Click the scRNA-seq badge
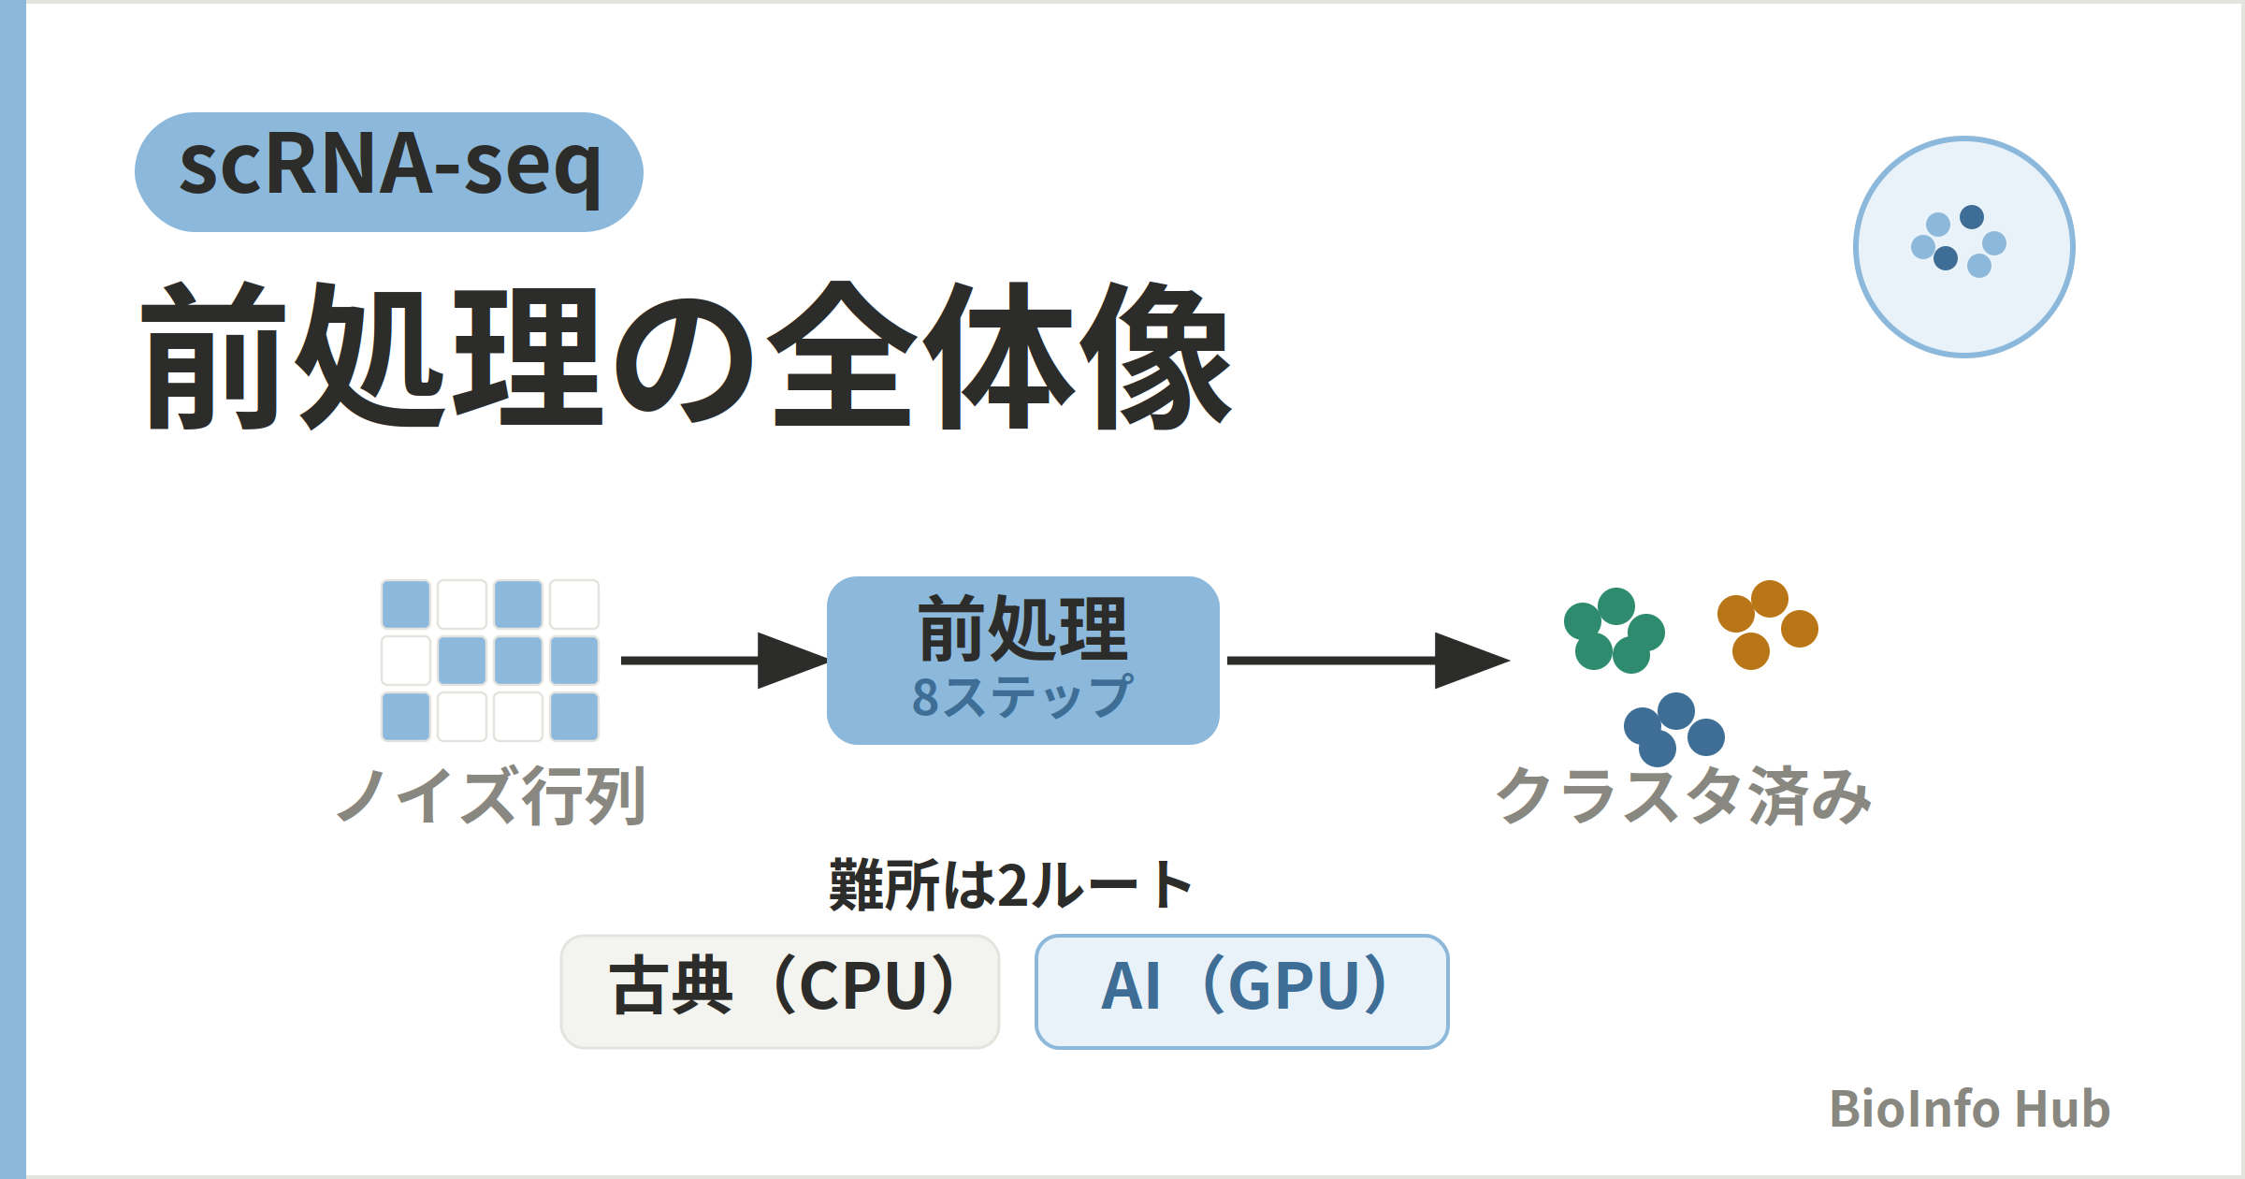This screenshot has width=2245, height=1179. [389, 172]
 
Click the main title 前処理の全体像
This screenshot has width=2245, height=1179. [687, 356]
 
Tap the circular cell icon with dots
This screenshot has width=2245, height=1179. [1964, 247]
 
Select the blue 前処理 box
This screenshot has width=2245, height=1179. [1023, 661]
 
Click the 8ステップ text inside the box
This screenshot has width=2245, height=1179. [1023, 696]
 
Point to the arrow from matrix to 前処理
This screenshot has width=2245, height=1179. [725, 661]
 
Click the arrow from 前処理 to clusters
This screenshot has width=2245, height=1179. [1369, 661]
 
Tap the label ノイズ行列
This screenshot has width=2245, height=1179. [491, 795]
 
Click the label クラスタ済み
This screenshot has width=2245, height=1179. [1684, 795]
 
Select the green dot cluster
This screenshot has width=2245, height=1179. [1615, 631]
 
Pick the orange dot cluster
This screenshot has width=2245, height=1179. [1768, 625]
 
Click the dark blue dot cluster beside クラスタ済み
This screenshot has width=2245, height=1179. [1674, 730]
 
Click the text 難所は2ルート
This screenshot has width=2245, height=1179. [1010, 885]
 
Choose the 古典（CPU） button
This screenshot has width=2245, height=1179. [780, 992]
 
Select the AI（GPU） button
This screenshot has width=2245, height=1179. [1242, 992]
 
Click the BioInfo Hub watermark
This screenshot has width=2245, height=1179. [1970, 1109]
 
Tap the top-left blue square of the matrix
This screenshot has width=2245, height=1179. [406, 604]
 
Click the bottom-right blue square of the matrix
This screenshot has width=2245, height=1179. [574, 717]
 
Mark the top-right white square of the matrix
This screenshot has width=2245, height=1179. [574, 604]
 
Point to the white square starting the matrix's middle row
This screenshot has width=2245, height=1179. [406, 661]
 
